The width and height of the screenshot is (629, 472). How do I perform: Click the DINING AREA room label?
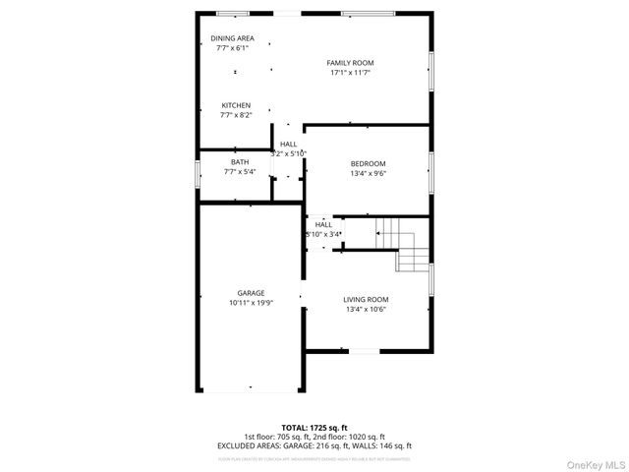click(232, 38)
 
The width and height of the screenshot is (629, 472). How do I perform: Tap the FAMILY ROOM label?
click(350, 63)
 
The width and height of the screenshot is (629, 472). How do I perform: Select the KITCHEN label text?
click(236, 105)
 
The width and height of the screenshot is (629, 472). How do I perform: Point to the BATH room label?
click(240, 162)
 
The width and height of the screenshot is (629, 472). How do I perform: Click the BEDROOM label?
click(368, 163)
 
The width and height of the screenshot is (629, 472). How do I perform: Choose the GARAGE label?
click(251, 293)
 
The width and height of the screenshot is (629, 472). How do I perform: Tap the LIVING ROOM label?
click(366, 300)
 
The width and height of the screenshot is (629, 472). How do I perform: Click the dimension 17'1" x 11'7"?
click(350, 73)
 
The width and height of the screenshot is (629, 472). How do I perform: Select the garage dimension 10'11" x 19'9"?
click(251, 303)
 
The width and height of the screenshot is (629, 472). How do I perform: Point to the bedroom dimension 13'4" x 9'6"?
click(368, 173)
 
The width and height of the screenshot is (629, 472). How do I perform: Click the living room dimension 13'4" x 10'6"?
click(366, 310)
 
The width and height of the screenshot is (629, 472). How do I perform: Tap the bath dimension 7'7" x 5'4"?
click(240, 172)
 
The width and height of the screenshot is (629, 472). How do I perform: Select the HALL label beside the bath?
click(288, 145)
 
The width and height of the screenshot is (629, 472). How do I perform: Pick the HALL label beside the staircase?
click(323, 224)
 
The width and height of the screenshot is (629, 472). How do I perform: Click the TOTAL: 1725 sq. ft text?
click(314, 428)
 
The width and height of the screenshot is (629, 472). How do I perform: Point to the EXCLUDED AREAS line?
click(314, 445)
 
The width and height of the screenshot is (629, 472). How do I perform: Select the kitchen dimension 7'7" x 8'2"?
click(236, 115)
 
